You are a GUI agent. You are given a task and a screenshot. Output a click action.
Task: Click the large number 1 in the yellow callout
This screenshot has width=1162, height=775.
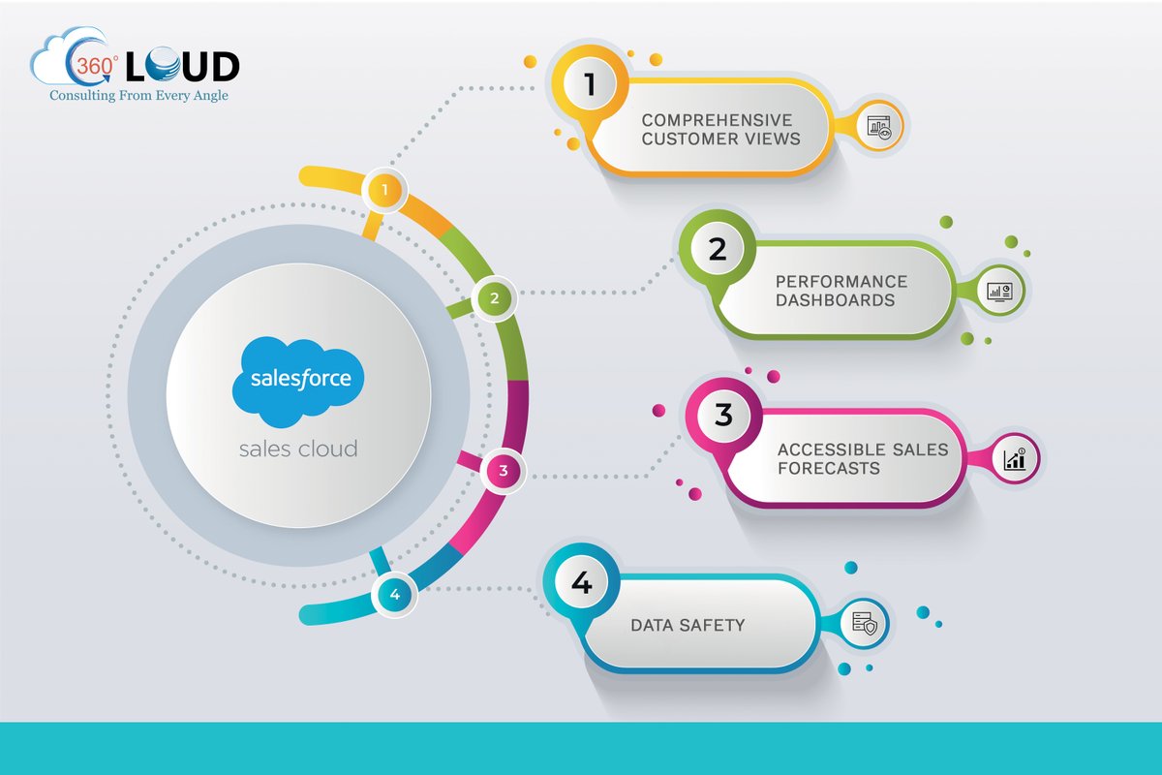tap(590, 85)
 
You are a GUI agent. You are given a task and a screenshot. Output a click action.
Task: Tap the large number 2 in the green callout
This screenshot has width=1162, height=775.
tap(718, 250)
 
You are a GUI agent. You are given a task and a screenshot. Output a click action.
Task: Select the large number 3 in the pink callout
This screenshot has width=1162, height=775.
tap(723, 415)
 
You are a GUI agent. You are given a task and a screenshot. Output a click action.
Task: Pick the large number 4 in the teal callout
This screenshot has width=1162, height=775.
tap(581, 582)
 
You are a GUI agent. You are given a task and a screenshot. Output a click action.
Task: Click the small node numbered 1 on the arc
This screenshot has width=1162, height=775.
tap(385, 191)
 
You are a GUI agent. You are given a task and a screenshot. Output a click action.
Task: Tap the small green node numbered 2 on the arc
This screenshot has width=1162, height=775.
tap(494, 298)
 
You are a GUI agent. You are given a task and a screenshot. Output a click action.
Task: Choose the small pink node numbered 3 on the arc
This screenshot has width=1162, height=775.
tap(503, 472)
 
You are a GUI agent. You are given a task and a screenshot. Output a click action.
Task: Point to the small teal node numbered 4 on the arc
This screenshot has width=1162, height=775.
tap(395, 594)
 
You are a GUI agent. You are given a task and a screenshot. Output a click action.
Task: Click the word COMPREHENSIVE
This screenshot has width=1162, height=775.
tap(717, 120)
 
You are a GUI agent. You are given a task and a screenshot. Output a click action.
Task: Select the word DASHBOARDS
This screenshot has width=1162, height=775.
tap(836, 299)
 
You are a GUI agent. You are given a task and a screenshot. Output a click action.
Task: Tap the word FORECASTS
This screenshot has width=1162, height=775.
tap(829, 468)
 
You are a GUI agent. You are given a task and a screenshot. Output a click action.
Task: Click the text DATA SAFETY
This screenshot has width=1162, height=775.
tap(688, 625)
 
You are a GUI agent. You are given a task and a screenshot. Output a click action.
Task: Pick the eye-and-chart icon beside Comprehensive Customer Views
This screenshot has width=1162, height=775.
tap(880, 126)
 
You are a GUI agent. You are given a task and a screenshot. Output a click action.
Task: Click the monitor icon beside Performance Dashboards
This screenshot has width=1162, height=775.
tap(998, 290)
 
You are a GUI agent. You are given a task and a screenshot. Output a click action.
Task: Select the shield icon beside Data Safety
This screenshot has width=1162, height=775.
tap(865, 625)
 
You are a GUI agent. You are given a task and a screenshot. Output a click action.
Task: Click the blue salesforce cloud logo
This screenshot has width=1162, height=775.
tap(298, 380)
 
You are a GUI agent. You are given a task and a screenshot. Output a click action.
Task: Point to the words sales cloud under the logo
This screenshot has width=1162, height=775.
tap(298, 449)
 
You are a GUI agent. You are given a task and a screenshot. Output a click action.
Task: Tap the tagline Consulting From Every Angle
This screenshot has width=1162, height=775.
tap(139, 95)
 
